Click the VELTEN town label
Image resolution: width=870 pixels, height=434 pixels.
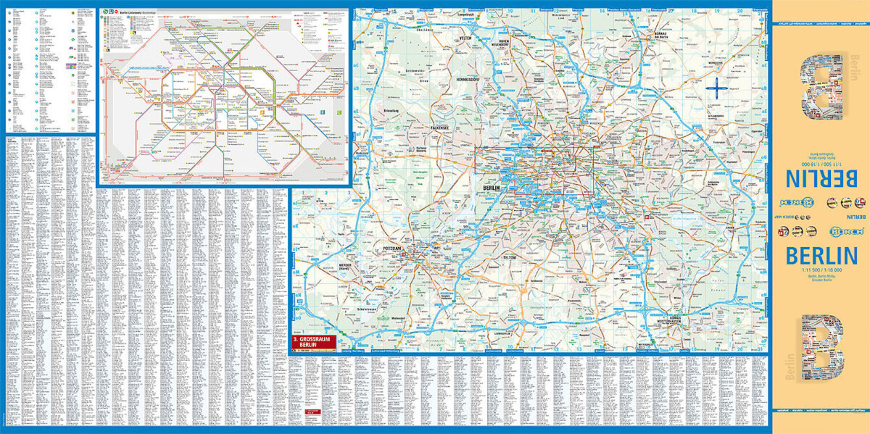464,38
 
